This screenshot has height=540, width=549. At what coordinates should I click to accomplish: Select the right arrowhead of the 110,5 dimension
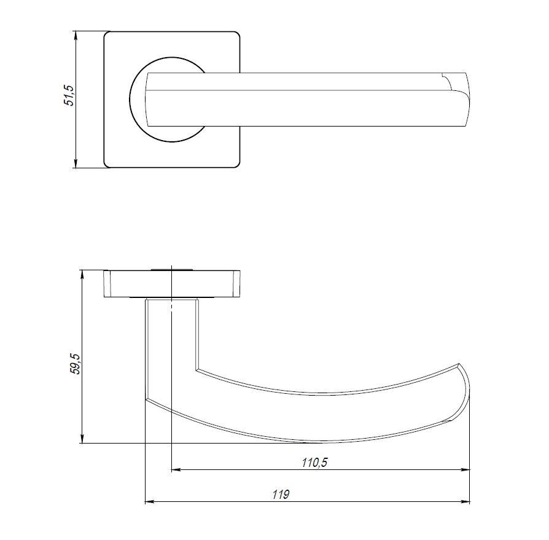(x=466, y=470)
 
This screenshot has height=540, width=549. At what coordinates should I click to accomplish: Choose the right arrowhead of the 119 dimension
(x=466, y=502)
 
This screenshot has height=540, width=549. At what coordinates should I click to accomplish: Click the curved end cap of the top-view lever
(x=461, y=98)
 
